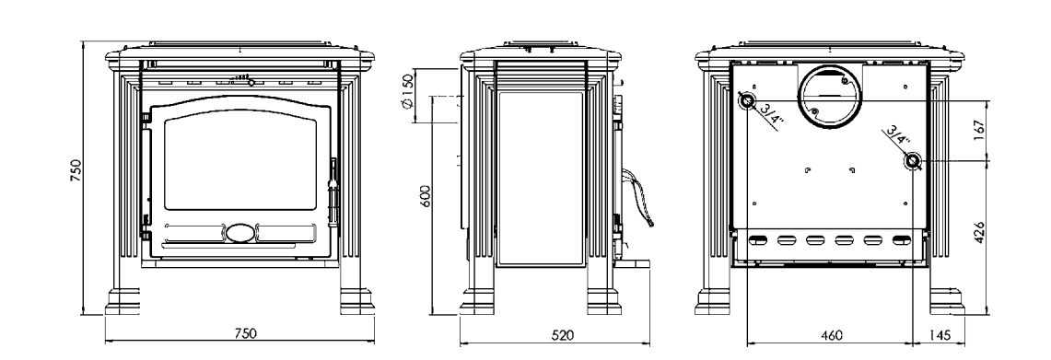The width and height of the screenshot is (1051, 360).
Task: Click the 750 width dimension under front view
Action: click(x=247, y=333)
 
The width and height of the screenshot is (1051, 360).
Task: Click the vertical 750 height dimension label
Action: click(x=76, y=171)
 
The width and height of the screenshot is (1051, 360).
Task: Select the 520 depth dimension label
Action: click(x=564, y=335)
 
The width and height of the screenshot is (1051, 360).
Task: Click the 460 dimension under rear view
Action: click(x=831, y=335)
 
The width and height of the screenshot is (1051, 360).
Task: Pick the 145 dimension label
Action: click(x=941, y=335)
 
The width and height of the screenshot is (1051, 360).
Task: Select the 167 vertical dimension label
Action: click(x=979, y=131)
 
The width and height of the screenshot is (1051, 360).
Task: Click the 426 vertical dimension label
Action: click(x=979, y=232)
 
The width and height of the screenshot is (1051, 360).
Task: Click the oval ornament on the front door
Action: click(x=240, y=232)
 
